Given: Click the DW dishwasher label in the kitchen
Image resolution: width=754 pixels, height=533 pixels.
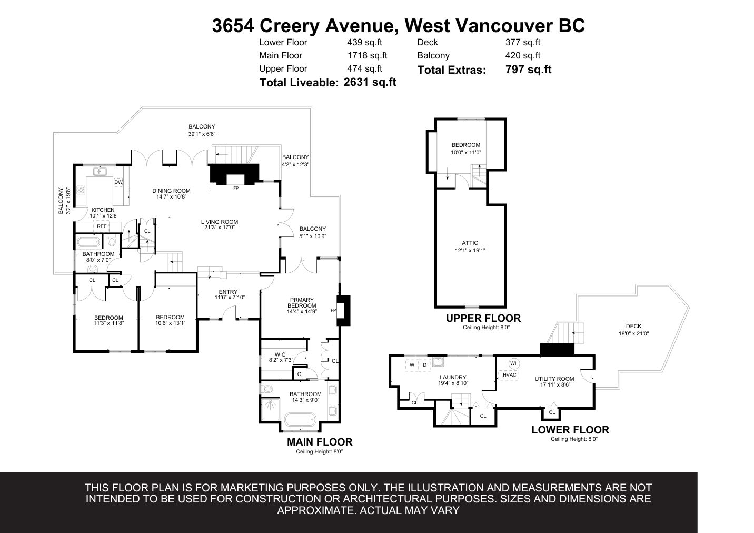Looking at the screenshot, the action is point(118,182).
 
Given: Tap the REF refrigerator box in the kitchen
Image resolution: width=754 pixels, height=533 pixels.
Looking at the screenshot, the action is point(102,226).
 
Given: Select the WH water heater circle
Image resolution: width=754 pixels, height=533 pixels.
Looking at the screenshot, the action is point(514,363).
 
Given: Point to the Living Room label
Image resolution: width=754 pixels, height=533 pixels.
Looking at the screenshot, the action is point(220,222).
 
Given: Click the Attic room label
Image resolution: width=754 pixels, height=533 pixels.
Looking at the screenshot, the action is point(470,243).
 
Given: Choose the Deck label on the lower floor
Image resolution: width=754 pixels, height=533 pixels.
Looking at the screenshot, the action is point(633,326).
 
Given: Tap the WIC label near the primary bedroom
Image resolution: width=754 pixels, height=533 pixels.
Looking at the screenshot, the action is point(280,354).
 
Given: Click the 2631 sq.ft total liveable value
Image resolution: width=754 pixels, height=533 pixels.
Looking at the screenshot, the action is point(370,82).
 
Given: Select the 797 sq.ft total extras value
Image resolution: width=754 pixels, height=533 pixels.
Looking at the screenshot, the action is point(529,70).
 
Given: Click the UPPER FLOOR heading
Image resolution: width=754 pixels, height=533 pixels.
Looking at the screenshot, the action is point(483,318).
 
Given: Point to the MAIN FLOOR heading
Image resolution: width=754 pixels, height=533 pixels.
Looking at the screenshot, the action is point(320,442).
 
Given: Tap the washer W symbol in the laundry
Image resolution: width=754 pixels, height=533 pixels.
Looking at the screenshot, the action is point(412,365).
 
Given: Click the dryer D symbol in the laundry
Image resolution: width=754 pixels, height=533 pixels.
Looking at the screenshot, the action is point(425,365).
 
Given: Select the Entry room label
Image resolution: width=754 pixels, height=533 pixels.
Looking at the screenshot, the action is point(228,292).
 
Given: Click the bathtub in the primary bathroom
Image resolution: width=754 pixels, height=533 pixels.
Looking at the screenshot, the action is point(300,420).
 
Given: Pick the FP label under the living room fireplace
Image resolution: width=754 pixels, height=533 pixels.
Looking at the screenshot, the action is point(236,188).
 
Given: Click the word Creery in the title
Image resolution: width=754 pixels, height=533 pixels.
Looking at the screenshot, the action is point(289,26).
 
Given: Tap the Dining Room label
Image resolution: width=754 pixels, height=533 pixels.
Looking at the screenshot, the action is point(171,191).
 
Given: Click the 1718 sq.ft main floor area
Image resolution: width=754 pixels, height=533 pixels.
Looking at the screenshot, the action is point(367,55).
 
